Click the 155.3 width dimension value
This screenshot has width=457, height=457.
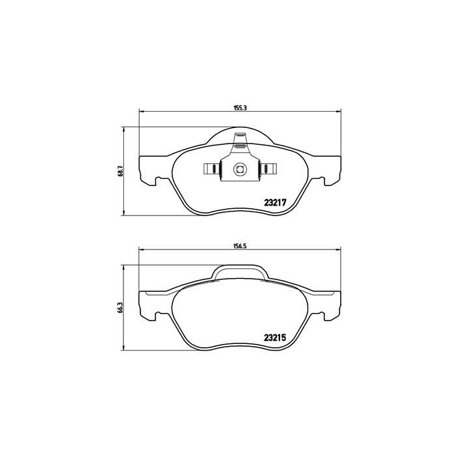[238, 108]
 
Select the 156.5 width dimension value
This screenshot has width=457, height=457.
[238, 245]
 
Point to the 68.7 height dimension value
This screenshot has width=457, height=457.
[119, 172]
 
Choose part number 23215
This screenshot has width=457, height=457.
[275, 338]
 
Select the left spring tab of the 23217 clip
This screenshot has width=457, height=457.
[211, 170]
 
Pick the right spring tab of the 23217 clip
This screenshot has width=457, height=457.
[268, 170]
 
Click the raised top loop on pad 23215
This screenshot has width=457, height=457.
[240, 270]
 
